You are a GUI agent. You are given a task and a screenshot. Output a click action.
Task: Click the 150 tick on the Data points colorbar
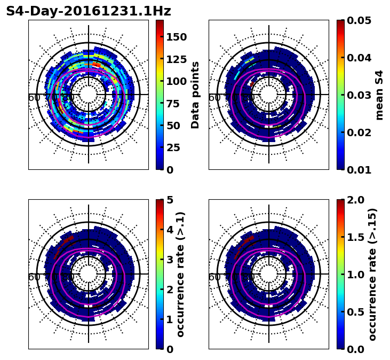176,37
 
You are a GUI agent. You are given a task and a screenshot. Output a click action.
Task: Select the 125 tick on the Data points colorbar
176,59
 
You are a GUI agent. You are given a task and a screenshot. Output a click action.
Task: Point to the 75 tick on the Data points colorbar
176,104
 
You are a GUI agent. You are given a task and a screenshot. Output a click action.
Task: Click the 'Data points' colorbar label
196,95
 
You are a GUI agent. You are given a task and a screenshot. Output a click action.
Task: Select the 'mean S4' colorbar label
380,95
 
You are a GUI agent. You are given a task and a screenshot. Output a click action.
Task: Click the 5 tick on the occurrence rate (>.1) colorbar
170,200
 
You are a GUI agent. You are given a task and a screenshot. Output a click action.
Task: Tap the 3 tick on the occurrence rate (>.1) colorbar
170,260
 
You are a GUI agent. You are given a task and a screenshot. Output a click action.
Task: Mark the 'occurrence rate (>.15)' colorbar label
373,275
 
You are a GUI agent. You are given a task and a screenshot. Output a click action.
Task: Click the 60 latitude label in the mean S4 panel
214,98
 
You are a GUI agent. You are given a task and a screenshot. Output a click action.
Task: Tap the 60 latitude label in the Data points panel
34,98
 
